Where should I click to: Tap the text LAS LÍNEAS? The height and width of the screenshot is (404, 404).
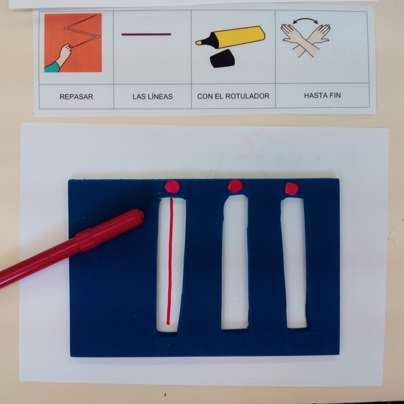(x=152, y=96)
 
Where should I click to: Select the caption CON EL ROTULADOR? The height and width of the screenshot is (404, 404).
(x=233, y=96)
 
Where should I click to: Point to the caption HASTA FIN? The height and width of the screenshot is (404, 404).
(x=321, y=96)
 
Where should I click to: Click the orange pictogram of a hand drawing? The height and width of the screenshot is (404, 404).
(x=71, y=44)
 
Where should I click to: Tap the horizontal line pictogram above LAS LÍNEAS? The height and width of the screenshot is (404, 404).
(x=146, y=35)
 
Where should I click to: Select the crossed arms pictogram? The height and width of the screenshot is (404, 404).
(x=305, y=41)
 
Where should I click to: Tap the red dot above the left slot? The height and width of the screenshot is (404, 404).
(x=173, y=186)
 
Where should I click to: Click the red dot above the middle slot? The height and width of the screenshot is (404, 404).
(x=234, y=186)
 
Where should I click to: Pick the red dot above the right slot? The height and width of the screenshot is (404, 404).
(x=292, y=188)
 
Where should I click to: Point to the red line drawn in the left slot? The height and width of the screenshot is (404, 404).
(x=170, y=264)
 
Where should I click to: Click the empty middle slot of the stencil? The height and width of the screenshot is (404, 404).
(x=234, y=264)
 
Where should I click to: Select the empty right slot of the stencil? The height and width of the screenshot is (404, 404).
(x=294, y=264)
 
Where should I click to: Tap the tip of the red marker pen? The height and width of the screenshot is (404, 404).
(x=140, y=214)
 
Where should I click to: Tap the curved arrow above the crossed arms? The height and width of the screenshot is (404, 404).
(x=305, y=23)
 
